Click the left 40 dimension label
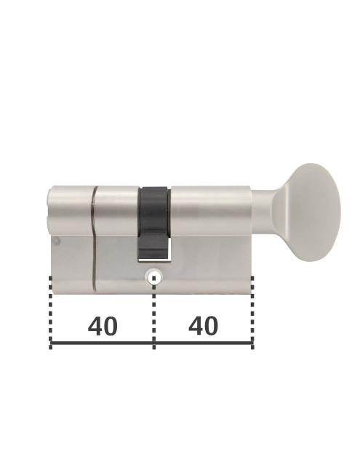(x=103, y=326)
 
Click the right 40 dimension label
(x=203, y=325)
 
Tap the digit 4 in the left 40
(x=95, y=326)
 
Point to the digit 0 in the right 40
(x=212, y=325)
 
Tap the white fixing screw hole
(x=153, y=278)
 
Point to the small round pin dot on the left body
(x=56, y=242)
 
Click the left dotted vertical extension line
(x=51, y=313)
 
